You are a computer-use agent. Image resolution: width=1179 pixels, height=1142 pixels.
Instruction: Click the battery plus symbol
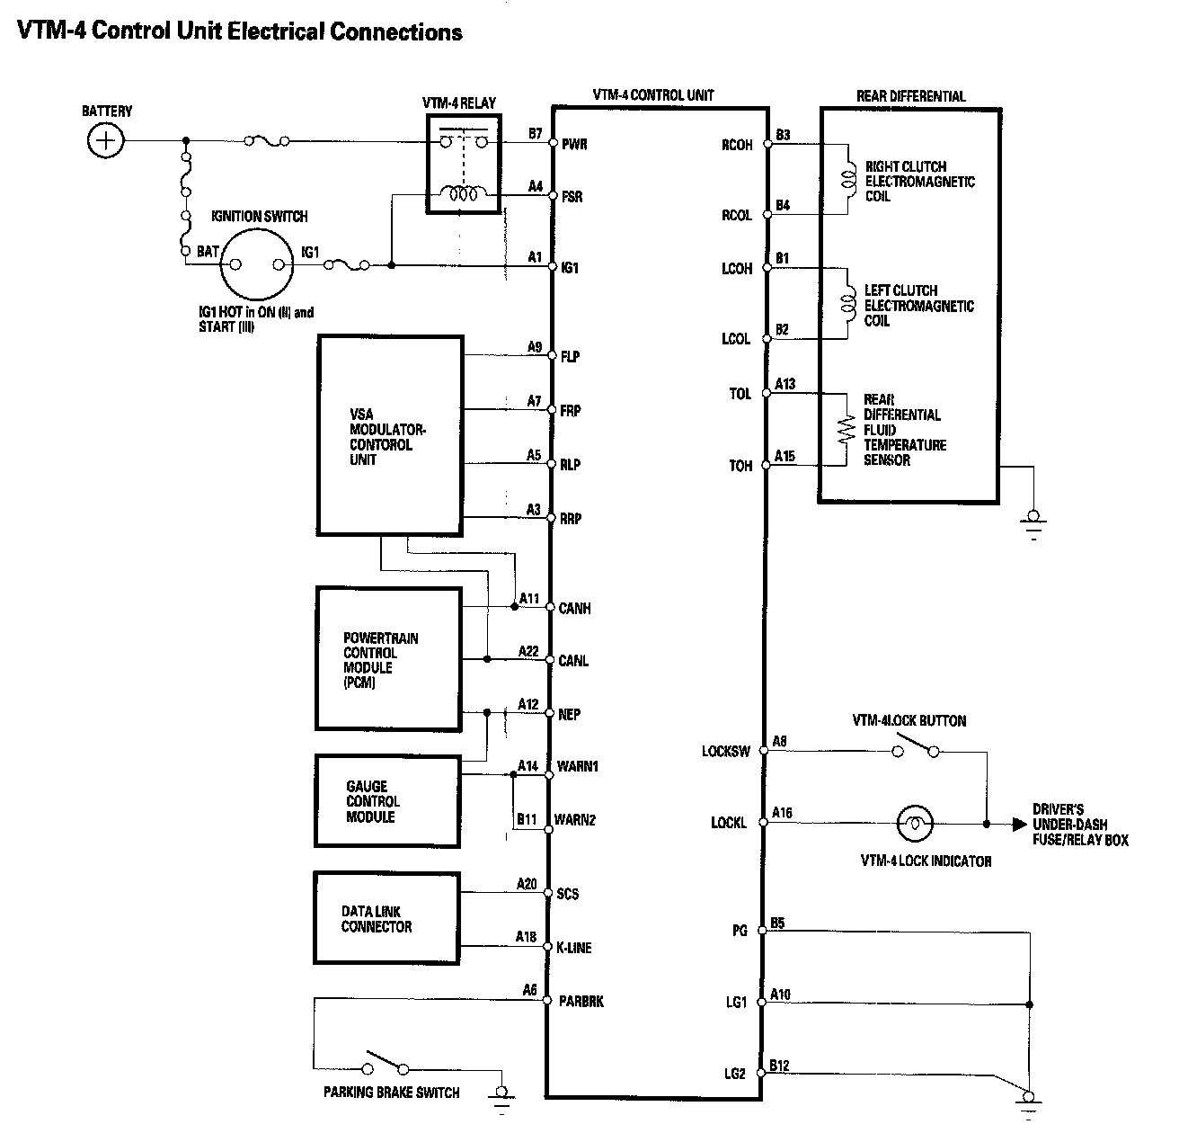(106, 141)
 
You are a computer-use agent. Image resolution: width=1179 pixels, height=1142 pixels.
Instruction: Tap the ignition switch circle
(258, 264)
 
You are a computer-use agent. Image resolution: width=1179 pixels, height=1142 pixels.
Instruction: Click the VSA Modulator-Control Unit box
(390, 437)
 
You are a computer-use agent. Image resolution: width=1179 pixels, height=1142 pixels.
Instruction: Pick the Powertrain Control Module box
(388, 658)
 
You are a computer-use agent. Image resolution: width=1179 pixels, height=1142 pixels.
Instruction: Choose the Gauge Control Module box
(387, 801)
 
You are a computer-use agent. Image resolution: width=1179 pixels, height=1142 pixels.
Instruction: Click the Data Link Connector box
(387, 918)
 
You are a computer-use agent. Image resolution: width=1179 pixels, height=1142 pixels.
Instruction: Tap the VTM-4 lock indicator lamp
(915, 823)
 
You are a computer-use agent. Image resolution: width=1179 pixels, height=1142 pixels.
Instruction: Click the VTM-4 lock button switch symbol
(916, 747)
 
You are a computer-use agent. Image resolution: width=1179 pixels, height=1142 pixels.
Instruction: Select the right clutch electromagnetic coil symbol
(847, 180)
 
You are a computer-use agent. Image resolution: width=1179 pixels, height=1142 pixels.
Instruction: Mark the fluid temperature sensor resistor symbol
(846, 431)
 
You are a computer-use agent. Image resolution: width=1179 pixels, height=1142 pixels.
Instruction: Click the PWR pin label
(574, 144)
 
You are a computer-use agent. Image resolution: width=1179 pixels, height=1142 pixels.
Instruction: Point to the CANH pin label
(575, 609)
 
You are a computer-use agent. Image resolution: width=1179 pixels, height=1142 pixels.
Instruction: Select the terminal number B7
(536, 134)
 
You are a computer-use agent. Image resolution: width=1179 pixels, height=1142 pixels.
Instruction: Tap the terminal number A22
(528, 651)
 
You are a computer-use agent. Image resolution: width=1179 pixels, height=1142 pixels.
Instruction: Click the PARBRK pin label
(581, 1001)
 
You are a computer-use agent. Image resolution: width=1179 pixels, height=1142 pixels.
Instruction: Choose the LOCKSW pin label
(725, 751)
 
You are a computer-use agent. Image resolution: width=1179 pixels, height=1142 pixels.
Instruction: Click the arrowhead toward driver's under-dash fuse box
(1018, 823)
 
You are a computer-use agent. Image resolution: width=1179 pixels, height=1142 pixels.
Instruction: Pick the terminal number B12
(780, 1066)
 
